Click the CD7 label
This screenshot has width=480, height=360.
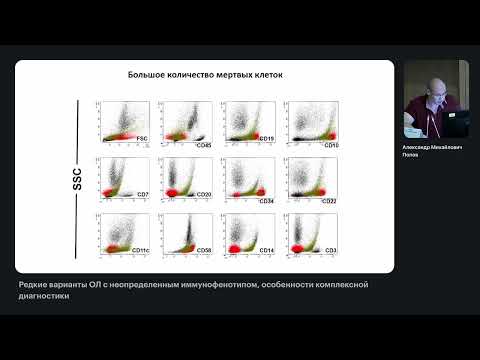(142, 193)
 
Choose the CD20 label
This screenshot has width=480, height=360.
(204, 194)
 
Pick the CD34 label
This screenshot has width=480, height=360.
(266, 201)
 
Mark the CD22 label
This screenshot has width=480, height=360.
(328, 201)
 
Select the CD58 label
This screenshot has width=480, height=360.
(204, 250)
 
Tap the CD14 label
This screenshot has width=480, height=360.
(266, 250)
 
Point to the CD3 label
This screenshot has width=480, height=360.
(329, 250)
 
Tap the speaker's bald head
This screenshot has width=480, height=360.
(431, 83)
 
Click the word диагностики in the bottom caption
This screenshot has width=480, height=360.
(44, 296)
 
